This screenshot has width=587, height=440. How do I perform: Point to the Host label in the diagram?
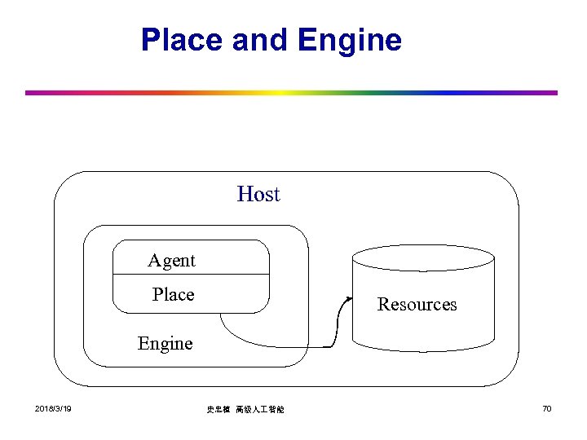tap(258, 194)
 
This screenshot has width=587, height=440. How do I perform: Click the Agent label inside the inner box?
tap(171, 261)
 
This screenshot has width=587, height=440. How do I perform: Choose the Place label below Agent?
tap(173, 294)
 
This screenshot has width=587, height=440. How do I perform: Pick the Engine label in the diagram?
tap(166, 343)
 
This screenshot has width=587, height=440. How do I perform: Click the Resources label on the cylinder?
tap(417, 305)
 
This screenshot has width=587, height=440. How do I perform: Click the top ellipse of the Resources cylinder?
tap(422, 257)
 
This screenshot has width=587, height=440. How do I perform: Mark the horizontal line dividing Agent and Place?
tap(191, 275)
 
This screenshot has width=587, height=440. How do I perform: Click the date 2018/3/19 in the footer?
tap(53, 408)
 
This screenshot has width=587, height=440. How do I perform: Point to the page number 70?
tap(546, 408)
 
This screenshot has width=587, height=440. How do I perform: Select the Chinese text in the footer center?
tap(245, 409)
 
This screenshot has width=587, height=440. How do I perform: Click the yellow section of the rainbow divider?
tap(281, 93)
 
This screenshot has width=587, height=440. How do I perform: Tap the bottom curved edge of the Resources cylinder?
tap(422, 350)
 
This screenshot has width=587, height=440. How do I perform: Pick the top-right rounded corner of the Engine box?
tap(302, 233)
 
